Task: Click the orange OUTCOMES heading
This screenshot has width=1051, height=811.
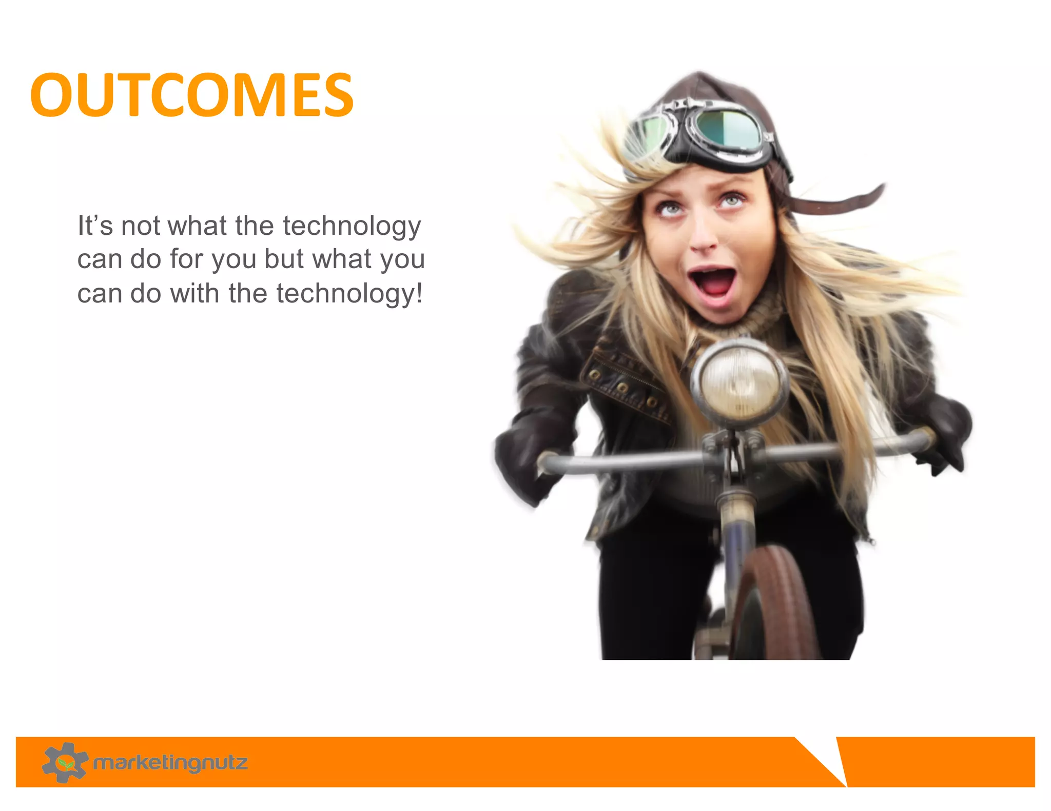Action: [x=192, y=95]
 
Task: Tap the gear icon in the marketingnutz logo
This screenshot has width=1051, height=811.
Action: [x=65, y=762]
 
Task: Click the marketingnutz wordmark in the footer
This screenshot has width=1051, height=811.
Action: [x=170, y=763]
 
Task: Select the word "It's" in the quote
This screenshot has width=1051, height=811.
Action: [x=95, y=226]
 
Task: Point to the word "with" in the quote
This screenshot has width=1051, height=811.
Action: [x=195, y=293]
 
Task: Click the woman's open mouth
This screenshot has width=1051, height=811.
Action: [x=712, y=283]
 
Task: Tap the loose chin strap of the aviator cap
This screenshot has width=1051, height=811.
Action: [x=842, y=202]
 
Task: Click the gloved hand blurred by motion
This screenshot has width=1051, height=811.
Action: [x=526, y=461]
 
